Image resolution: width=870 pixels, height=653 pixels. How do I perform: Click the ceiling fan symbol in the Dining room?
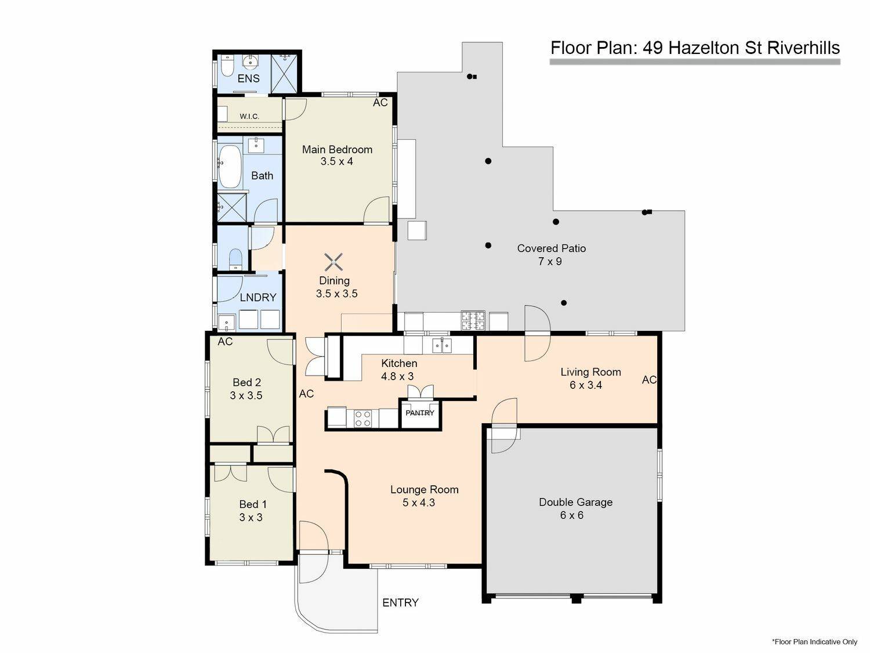coord(333,262)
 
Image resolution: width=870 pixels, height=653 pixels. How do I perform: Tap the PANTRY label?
coord(420,413)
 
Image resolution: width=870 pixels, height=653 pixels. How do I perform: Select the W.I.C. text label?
coord(249,117)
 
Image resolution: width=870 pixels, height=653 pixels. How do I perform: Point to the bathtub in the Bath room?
coord(230,167)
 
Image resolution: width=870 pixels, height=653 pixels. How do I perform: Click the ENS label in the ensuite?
coord(248,78)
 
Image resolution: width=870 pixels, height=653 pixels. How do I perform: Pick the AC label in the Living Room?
coord(649,380)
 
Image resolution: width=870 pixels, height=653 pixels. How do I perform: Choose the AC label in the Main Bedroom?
coord(380,103)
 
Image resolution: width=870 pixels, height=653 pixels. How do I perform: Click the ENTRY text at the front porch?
coord(400,603)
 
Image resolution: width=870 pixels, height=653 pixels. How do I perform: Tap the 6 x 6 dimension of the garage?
coord(571,515)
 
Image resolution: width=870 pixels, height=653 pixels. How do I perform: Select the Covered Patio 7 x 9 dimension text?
coord(550,261)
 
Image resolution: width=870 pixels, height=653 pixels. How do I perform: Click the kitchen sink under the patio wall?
coord(441,345)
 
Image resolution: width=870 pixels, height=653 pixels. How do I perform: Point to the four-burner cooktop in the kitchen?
coord(362,419)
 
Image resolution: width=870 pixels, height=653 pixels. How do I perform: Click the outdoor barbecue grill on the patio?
coord(473,321)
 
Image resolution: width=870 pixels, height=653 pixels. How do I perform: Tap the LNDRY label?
coord(258,297)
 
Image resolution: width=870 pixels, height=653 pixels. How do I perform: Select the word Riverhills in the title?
coord(803,48)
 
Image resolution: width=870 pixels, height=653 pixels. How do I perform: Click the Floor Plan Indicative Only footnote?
coord(814,641)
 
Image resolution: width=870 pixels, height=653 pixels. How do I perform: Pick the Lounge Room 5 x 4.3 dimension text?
coord(419,503)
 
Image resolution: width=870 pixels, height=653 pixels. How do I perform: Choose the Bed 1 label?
coord(253,504)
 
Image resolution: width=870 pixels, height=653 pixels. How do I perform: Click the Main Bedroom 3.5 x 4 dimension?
coord(336,161)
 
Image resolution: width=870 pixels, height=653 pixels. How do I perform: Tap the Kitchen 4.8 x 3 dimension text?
coord(397,376)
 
